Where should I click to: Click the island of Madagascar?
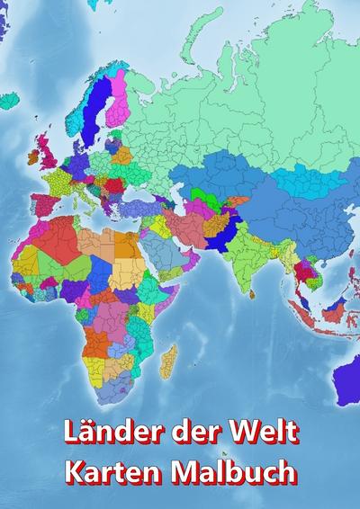pyautogui.click(x=168, y=360)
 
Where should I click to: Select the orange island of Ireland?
pyautogui.click(x=33, y=156)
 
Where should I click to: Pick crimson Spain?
pyautogui.click(x=42, y=202)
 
